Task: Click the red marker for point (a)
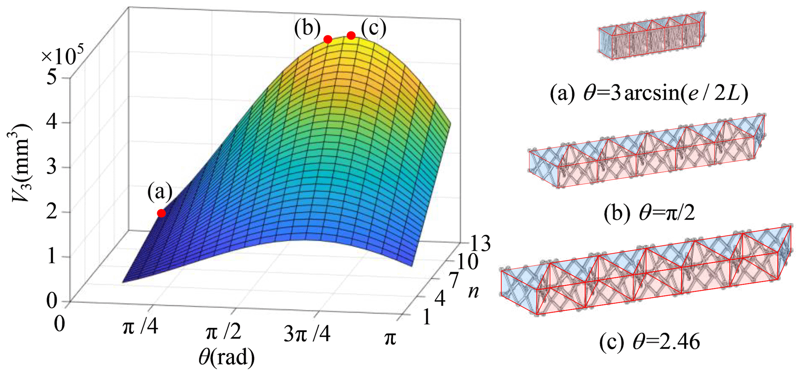[x=161, y=213]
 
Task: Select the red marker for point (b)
[x=328, y=39]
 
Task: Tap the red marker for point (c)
[x=351, y=36]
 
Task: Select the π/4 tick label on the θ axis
[x=140, y=327]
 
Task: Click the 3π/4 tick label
[x=307, y=334]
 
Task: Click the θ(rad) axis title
[x=226, y=357]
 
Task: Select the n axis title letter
[x=473, y=291]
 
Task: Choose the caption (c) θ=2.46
[x=649, y=342]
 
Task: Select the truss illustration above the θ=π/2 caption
[x=647, y=151]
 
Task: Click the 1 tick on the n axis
[x=427, y=318]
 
